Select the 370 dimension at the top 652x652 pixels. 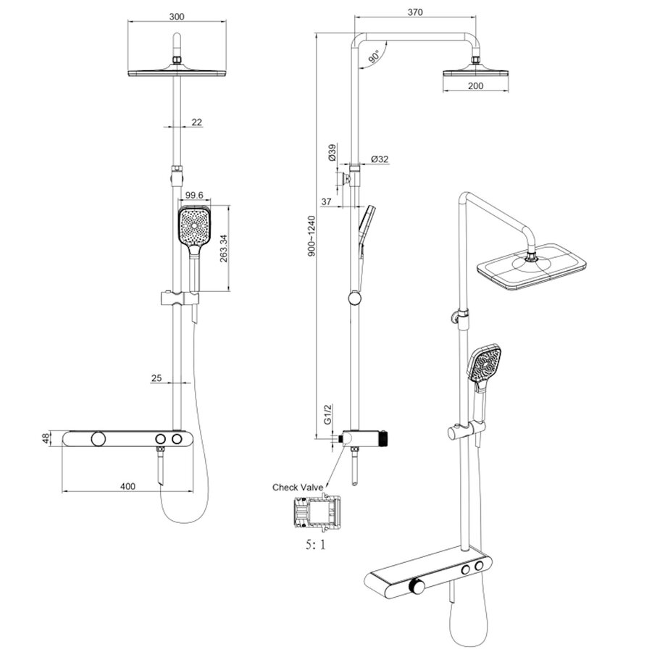pos(414,12)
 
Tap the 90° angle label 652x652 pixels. pos(373,57)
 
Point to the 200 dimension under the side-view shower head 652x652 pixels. pos(476,86)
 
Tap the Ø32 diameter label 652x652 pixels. pos(379,159)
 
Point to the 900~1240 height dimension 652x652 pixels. pos(310,236)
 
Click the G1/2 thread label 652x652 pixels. pos(327,415)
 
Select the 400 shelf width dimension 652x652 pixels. pos(128,486)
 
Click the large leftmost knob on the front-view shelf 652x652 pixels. pos(97,440)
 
